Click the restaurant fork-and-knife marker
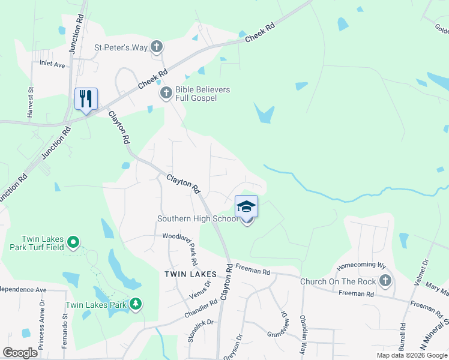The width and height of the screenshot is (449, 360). [x=86, y=98]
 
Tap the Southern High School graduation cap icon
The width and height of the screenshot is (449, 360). [x=246, y=207]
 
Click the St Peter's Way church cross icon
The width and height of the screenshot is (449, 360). [x=157, y=47]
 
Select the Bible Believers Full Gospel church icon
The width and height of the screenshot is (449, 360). [x=166, y=93]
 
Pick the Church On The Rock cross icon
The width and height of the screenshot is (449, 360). [x=385, y=281]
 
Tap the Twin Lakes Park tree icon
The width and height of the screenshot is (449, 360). [x=137, y=304]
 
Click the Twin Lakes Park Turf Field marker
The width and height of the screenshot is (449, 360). [x=73, y=242]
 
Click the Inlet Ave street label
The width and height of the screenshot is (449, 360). [x=52, y=62]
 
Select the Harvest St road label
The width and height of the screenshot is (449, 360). [x=29, y=102]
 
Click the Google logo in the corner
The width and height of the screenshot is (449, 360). [x=20, y=353]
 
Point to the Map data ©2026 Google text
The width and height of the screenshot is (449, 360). [x=412, y=355]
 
